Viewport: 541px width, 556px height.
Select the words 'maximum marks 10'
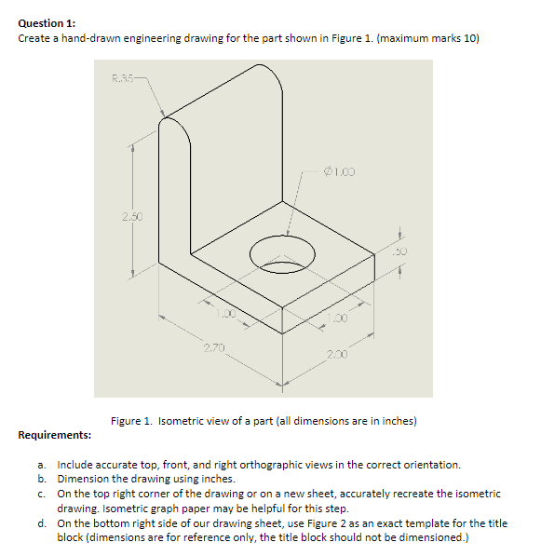coord(428,38)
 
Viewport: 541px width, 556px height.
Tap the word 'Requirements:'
coord(54,435)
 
